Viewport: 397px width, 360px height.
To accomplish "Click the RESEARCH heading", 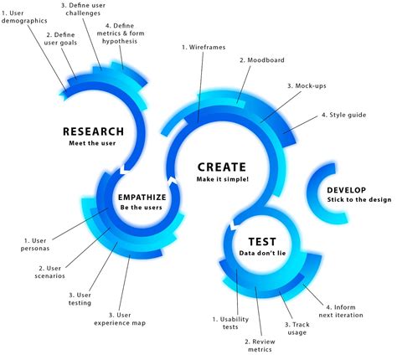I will pos(93,131).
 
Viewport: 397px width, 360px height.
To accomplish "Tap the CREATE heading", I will pos(222,166).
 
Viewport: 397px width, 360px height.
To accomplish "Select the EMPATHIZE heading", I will pos(142,197).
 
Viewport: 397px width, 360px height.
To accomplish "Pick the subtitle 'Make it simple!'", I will pos(222,178).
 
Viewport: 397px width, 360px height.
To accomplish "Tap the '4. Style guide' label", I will pos(342,116).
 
